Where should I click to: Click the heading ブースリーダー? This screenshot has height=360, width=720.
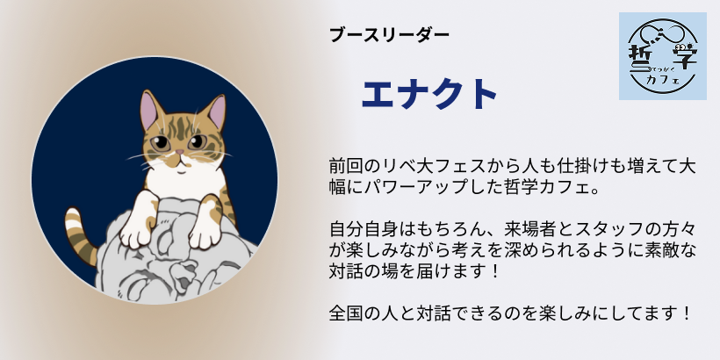(389, 35)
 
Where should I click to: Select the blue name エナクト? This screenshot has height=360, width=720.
(429, 94)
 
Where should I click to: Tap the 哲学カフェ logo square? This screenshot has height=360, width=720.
(662, 56)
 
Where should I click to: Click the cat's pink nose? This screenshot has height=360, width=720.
(180, 152)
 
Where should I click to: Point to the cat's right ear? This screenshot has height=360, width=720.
(216, 112)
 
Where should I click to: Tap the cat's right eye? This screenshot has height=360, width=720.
(197, 142)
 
